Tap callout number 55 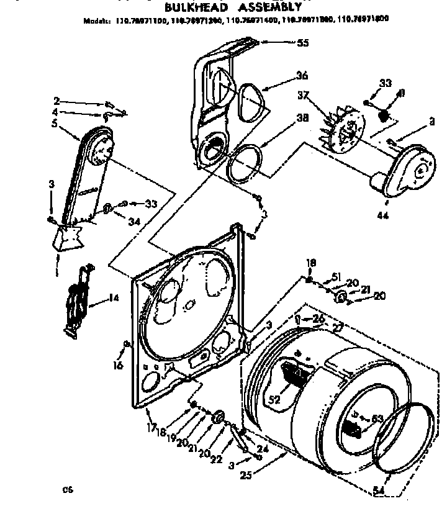click(x=302, y=43)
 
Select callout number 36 click(x=302, y=76)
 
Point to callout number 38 click(x=302, y=122)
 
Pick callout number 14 click(x=114, y=298)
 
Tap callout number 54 click(x=379, y=491)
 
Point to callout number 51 click(x=337, y=277)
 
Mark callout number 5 click(x=55, y=124)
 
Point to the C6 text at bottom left click(x=66, y=490)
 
